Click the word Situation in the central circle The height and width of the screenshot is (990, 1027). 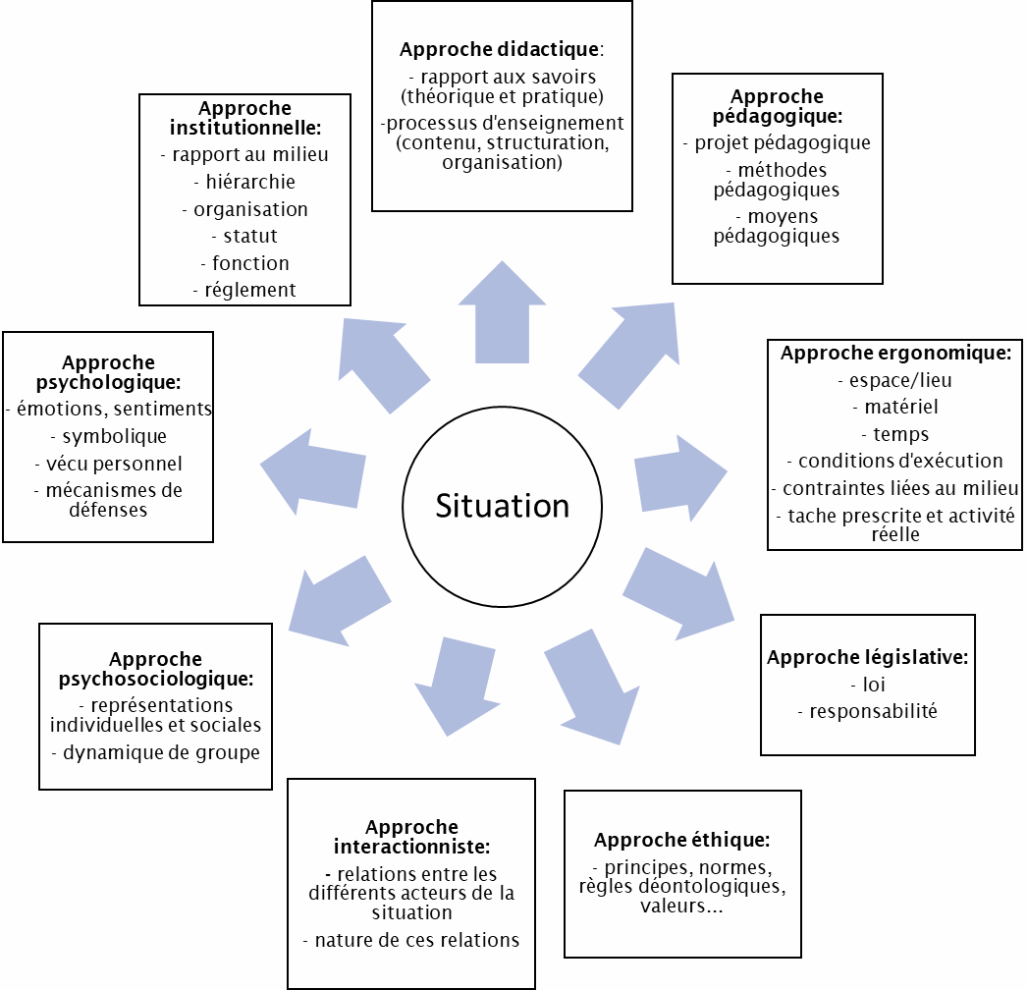(503, 505)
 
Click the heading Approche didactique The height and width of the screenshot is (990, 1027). (501, 49)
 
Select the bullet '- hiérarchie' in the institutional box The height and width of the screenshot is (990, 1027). (245, 182)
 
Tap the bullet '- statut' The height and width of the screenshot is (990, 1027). (245, 236)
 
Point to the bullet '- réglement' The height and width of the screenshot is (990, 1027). (245, 290)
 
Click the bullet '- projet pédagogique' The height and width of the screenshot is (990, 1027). (777, 142)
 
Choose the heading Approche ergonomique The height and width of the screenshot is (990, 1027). (895, 354)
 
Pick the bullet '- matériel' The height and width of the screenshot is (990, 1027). (895, 407)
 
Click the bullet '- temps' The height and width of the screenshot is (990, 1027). (895, 433)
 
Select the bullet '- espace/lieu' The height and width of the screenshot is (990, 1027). (895, 380)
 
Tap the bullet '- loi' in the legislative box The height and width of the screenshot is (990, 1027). (868, 685)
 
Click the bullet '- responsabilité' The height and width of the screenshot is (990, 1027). (868, 711)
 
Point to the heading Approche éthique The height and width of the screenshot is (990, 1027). (682, 840)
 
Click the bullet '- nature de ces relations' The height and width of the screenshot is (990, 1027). (411, 940)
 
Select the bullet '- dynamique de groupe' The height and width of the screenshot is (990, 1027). (155, 753)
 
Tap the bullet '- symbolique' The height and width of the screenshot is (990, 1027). (108, 436)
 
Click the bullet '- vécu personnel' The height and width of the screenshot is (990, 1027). (108, 463)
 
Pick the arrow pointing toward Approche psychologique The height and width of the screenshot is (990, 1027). (314, 469)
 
